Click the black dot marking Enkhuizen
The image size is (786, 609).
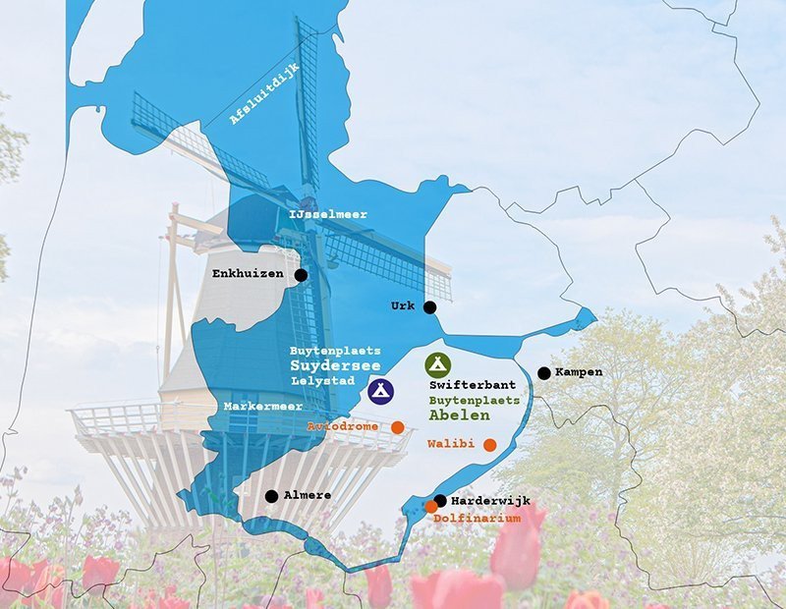(x=301, y=276)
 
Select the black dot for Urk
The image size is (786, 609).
(x=429, y=307)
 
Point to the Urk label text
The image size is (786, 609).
(x=403, y=305)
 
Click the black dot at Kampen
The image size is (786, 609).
(x=543, y=373)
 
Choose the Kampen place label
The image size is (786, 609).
(x=579, y=372)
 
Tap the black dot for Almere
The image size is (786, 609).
(x=271, y=496)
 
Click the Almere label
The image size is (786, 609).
(x=308, y=495)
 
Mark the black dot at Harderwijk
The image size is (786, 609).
(x=440, y=500)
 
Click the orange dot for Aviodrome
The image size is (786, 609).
(x=398, y=427)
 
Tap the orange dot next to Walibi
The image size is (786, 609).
(x=489, y=445)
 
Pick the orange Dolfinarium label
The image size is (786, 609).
(x=477, y=518)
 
